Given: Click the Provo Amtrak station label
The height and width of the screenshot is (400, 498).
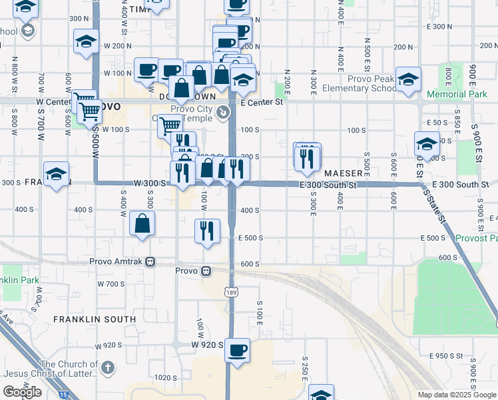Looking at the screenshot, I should [x=118, y=262].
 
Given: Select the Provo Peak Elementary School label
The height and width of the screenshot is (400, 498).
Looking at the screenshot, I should [x=360, y=83].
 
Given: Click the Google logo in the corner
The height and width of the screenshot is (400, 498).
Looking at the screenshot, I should [x=22, y=392].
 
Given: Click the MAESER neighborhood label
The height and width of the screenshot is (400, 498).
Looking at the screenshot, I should [x=344, y=173].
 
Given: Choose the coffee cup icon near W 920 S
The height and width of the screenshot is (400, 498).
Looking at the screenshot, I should [x=238, y=350].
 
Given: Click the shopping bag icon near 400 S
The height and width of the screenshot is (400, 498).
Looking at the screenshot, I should [x=142, y=224].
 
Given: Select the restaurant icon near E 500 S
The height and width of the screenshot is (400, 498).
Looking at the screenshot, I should [x=207, y=231].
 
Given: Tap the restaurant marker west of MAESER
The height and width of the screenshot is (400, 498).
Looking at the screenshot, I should [x=307, y=159].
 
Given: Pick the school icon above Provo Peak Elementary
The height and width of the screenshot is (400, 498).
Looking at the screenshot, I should [x=408, y=78].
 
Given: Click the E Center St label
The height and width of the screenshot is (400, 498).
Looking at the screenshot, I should [x=262, y=103].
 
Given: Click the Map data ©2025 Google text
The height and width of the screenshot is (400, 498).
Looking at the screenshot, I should [x=457, y=395].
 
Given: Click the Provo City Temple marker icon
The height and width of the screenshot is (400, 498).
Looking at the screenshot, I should [x=224, y=113].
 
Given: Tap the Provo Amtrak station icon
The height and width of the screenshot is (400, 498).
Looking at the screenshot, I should [x=151, y=262].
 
